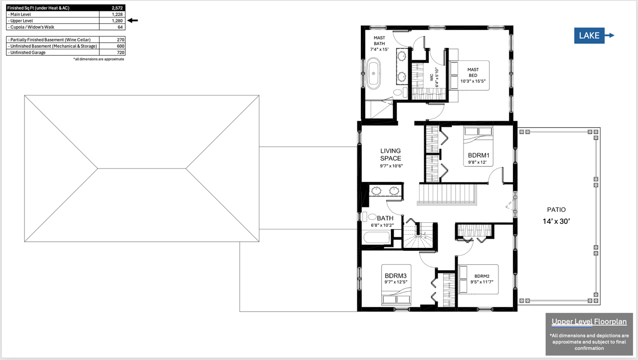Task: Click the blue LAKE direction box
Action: [589, 35]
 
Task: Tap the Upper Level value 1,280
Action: [117, 21]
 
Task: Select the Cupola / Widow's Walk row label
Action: [31, 27]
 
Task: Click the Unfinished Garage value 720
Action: [121, 52]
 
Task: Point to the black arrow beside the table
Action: [133, 20]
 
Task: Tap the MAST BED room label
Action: [473, 72]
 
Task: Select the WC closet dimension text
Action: [437, 77]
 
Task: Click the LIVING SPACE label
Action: [390, 155]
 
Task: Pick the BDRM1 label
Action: [478, 155]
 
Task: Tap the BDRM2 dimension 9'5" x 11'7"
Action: [482, 282]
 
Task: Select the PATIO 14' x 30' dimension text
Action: [556, 221]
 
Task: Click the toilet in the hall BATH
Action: [369, 217]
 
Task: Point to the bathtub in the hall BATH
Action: [376, 237]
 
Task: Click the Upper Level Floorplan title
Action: [589, 322]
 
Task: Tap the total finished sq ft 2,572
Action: [117, 8]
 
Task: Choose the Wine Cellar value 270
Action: [121, 39]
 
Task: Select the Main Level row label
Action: [19, 14]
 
